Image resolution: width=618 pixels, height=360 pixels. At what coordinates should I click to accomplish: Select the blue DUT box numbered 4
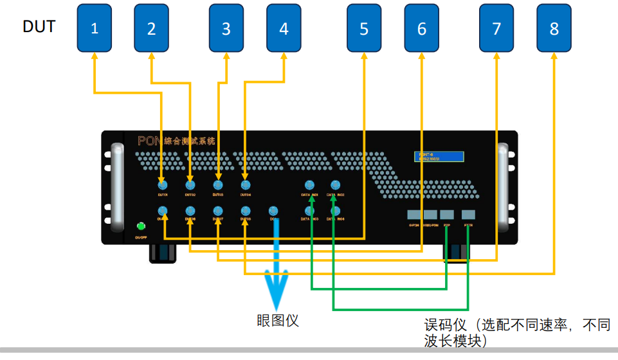(284, 28)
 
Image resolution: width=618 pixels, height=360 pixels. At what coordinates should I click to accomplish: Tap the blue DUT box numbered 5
(364, 28)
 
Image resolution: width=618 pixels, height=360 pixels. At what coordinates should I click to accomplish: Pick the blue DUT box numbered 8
(554, 28)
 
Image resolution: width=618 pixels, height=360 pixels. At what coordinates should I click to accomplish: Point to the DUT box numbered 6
(421, 28)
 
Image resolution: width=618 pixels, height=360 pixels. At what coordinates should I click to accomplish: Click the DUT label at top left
(39, 26)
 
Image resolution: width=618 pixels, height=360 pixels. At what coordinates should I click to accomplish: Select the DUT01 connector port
(162, 185)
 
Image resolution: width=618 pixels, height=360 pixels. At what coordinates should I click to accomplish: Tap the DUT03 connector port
(218, 185)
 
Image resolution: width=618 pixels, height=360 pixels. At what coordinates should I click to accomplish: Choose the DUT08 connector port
(245, 210)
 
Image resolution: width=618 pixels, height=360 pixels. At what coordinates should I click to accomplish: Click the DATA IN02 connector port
(335, 185)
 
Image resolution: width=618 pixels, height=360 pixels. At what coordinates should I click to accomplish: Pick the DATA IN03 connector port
(310, 210)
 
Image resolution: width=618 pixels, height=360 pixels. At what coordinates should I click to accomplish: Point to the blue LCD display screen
(438, 156)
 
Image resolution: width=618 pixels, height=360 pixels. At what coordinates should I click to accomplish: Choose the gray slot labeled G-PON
(414, 215)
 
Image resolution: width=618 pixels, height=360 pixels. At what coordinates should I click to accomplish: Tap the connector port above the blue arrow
(273, 210)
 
